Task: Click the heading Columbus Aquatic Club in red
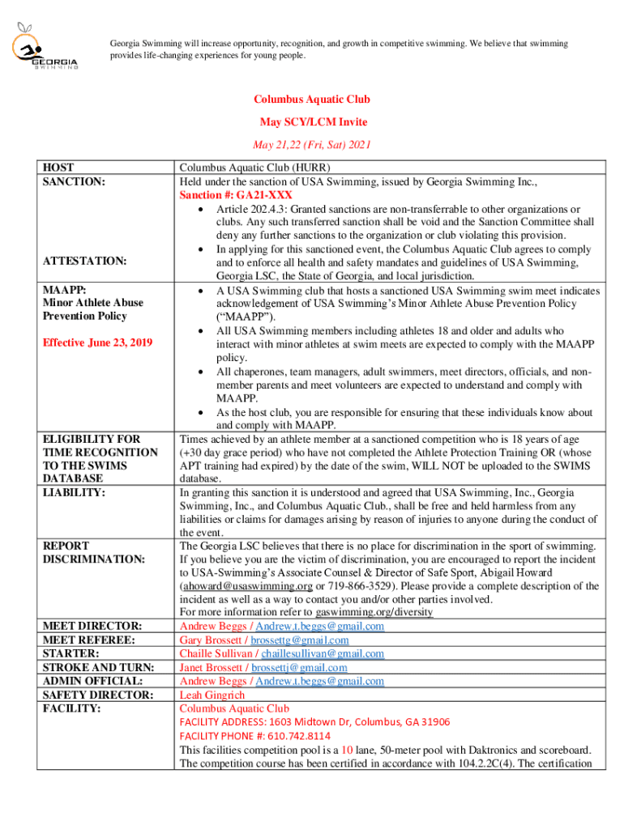tap(311, 100)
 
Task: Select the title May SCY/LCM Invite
tap(313, 122)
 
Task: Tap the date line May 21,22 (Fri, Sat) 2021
tap(311, 146)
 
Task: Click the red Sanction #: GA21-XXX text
tap(236, 195)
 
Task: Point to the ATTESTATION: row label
tap(84, 261)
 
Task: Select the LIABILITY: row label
tap(75, 491)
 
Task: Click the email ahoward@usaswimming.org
tap(247, 585)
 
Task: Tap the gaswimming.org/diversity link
tap(374, 612)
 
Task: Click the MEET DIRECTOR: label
tap(92, 626)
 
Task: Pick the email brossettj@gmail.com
tap(299, 668)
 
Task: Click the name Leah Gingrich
tap(214, 695)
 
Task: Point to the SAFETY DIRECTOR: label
tap(97, 695)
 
